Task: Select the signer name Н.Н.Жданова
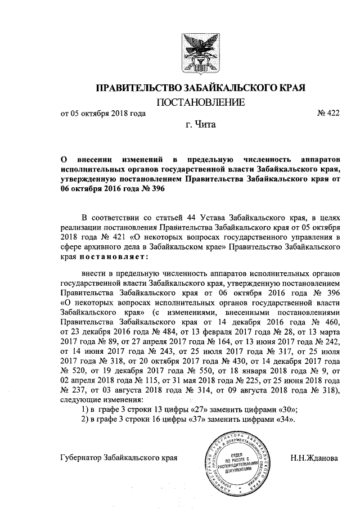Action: point(314,458)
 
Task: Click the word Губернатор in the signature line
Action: point(81,458)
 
